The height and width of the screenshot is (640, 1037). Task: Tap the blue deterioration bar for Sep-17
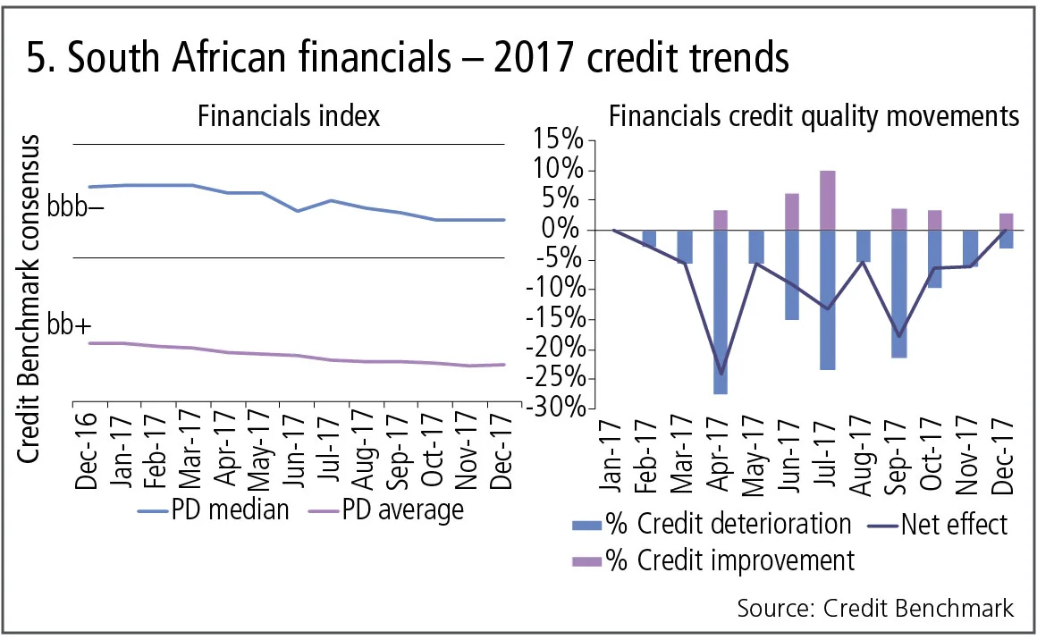(x=900, y=294)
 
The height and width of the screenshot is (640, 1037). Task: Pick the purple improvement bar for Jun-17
(x=791, y=212)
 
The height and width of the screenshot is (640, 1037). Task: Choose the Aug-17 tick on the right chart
(x=864, y=457)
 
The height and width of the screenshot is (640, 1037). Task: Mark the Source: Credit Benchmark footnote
(x=875, y=608)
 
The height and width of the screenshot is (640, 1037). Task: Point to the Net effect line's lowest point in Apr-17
(x=721, y=374)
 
